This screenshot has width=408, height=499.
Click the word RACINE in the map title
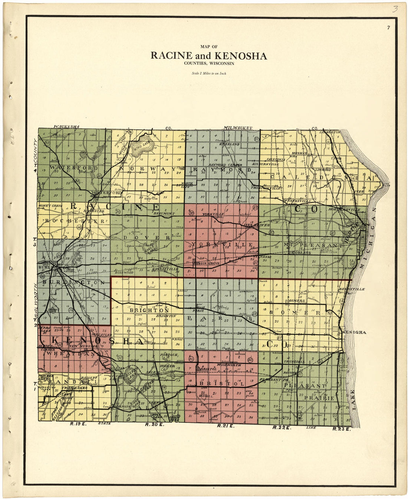[171, 56]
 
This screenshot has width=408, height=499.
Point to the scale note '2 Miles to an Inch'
[209, 73]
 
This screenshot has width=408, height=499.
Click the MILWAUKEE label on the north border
[238, 128]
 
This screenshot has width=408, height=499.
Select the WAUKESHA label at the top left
[67, 127]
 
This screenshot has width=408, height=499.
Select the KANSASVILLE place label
[168, 268]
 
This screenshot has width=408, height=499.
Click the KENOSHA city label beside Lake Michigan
[355, 332]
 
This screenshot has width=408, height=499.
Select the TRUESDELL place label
[294, 361]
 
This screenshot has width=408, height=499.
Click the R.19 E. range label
[78, 424]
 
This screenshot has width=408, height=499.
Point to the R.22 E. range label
[280, 428]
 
